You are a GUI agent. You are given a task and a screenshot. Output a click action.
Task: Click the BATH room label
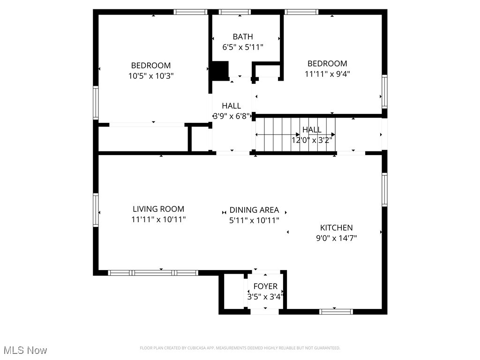[242, 37]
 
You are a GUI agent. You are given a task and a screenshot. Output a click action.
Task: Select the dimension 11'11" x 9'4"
[327, 74]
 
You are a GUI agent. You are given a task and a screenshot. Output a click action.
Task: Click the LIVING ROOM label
[158, 209]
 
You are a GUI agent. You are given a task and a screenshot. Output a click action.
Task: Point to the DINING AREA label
[254, 210]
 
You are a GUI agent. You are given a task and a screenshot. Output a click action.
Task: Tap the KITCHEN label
[336, 228]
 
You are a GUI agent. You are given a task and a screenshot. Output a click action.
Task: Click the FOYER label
[265, 286]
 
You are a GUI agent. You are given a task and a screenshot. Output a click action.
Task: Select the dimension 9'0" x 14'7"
[336, 238]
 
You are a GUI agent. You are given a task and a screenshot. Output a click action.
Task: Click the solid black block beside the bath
[219, 70]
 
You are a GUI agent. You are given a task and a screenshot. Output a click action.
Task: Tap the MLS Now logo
[25, 350]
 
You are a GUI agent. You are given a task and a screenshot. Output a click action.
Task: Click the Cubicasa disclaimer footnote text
[240, 348]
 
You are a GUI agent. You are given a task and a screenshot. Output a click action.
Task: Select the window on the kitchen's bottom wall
[336, 311]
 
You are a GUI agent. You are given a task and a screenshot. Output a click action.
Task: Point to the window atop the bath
[234, 12]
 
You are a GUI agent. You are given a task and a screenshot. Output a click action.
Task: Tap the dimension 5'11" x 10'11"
[254, 220]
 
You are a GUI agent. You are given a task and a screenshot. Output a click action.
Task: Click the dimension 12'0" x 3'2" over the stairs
[312, 140]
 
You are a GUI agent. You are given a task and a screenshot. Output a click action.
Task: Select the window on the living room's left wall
[96, 210]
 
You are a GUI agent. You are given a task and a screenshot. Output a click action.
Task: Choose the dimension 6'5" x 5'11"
[242, 47]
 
